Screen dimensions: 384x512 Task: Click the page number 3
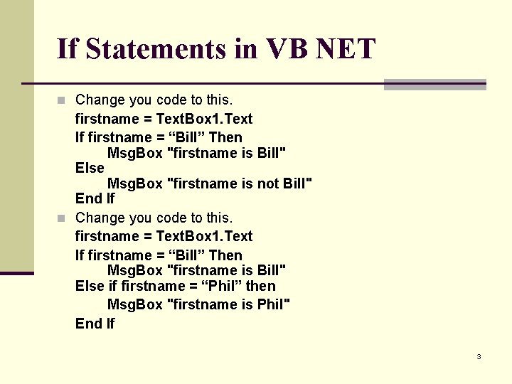[479, 356]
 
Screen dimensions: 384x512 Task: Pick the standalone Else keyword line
[90, 168]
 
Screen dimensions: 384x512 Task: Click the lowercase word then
[261, 286]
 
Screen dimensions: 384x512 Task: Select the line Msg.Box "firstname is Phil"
[198, 304]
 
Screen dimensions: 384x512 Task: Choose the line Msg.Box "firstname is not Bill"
[209, 183]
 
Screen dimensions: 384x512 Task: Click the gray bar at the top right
[434, 85]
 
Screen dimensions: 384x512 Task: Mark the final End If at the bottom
[95, 324]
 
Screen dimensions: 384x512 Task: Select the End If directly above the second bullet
[95, 198]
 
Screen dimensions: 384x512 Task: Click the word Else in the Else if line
[90, 286]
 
